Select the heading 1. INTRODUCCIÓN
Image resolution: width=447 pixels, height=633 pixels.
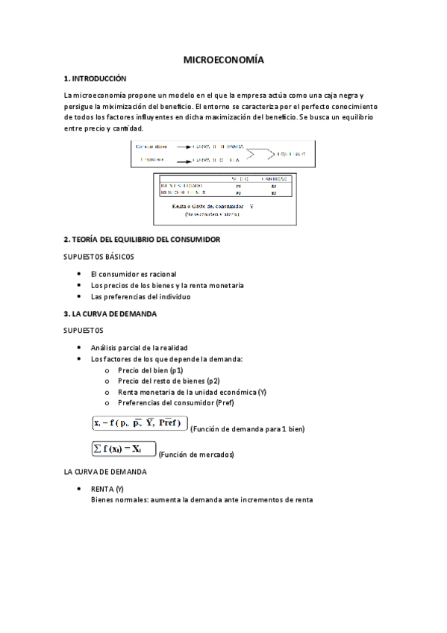96,78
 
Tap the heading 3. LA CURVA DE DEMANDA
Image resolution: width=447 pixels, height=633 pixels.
110,314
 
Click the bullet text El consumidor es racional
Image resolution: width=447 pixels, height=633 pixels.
134,274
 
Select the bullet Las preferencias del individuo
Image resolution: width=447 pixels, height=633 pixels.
140,296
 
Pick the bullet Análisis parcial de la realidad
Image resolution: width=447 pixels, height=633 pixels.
139,348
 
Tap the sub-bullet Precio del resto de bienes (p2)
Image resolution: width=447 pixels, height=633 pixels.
165,381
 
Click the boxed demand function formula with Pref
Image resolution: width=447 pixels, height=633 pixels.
140,423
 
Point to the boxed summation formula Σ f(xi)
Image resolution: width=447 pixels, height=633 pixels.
123,449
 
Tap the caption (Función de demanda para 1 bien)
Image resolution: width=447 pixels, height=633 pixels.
248,429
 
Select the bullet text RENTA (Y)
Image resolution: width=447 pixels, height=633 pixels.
107,488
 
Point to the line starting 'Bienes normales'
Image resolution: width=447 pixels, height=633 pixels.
202,499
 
